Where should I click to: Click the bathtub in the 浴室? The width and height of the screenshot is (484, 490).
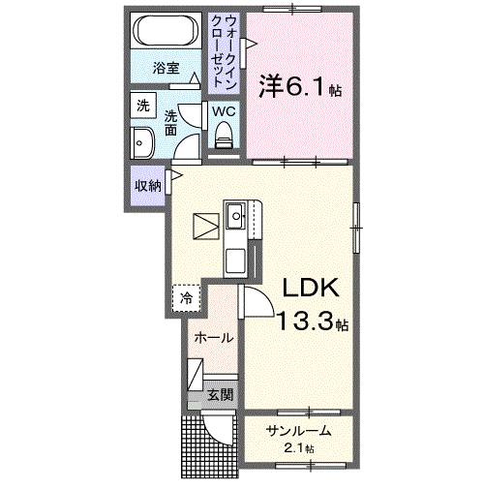coord(166,31)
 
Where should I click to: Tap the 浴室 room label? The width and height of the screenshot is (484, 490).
coord(166,68)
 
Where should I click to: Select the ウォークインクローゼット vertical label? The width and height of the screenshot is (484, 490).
coord(224,52)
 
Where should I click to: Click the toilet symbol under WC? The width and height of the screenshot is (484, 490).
coord(224,135)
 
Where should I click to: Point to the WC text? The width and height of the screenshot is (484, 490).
coord(224,111)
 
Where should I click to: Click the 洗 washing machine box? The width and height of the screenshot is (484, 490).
coord(143,106)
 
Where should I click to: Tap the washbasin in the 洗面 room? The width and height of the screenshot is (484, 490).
coord(142,143)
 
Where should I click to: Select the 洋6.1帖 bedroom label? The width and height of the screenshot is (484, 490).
coord(300,86)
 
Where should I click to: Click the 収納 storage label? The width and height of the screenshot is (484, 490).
coord(148,186)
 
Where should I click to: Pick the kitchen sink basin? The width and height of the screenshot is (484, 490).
coord(235,216)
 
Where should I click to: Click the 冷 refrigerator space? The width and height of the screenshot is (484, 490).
coord(186,298)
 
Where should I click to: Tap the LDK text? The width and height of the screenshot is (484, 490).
coord(311,288)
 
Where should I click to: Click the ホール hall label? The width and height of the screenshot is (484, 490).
coord(214,338)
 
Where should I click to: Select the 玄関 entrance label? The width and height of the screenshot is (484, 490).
coord(220,394)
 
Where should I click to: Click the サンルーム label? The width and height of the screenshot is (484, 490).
coord(298,431)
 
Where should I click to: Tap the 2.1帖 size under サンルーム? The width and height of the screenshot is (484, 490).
coord(299,448)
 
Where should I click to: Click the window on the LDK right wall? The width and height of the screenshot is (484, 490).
coord(356,228)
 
